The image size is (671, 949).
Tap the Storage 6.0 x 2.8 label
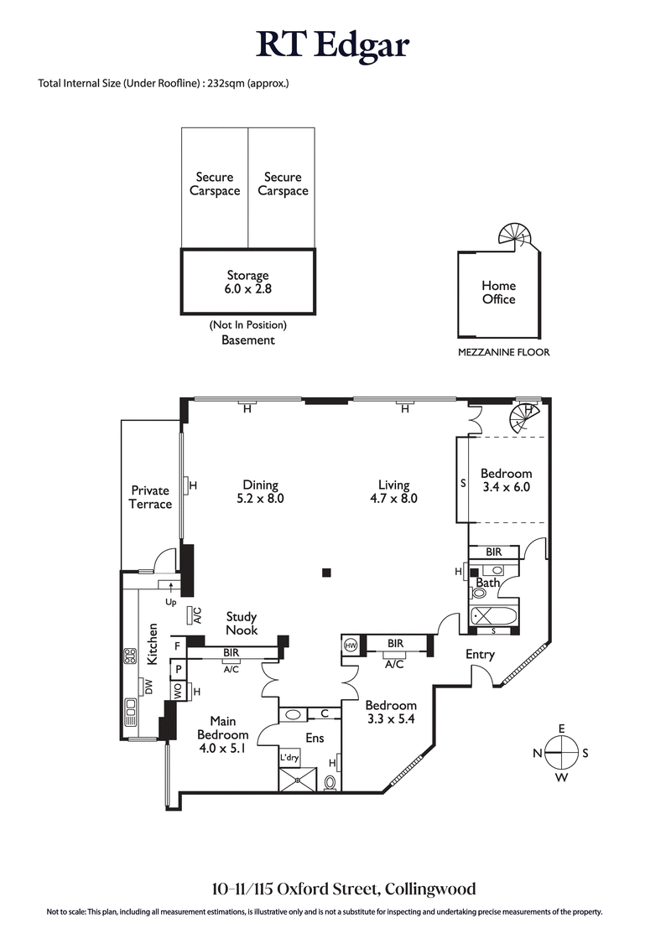click(x=247, y=282)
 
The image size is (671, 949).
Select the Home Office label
click(x=498, y=293)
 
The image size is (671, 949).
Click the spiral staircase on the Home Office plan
click(x=512, y=235)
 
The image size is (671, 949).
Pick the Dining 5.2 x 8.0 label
click(x=260, y=491)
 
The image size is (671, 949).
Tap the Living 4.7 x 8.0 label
click(x=393, y=491)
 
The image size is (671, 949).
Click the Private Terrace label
click(x=151, y=497)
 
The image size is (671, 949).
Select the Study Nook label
click(x=242, y=623)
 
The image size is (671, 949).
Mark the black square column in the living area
click(x=326, y=573)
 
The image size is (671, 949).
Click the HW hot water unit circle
click(x=351, y=646)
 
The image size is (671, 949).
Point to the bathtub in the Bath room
click(x=494, y=615)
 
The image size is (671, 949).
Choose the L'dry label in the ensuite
click(x=289, y=757)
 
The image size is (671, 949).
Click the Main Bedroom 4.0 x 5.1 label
click(x=223, y=735)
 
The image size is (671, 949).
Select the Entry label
click(x=481, y=654)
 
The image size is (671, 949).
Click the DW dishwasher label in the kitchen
click(x=148, y=687)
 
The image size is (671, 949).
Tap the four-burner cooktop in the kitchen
click(x=131, y=656)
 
